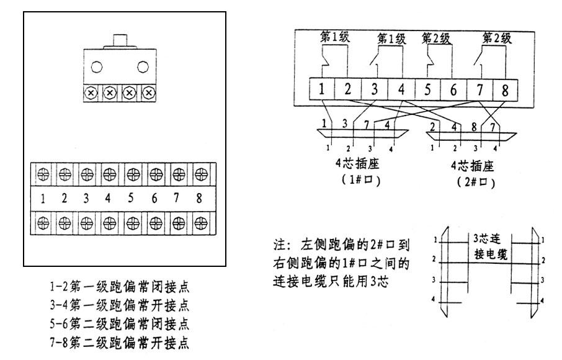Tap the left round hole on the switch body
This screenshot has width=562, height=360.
97,67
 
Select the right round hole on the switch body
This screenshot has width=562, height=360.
143,67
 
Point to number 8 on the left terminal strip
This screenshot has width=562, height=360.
198,199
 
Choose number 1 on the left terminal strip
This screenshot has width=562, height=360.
43,199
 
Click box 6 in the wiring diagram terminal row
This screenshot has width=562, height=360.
453,89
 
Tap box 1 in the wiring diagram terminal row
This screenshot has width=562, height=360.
322,89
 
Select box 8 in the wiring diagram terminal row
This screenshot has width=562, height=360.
504,89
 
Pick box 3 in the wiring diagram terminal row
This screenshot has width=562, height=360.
375,89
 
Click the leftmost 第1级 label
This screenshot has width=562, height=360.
335,37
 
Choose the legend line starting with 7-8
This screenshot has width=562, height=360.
120,341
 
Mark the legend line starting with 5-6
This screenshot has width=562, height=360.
120,323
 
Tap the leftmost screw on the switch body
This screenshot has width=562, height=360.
91,92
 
